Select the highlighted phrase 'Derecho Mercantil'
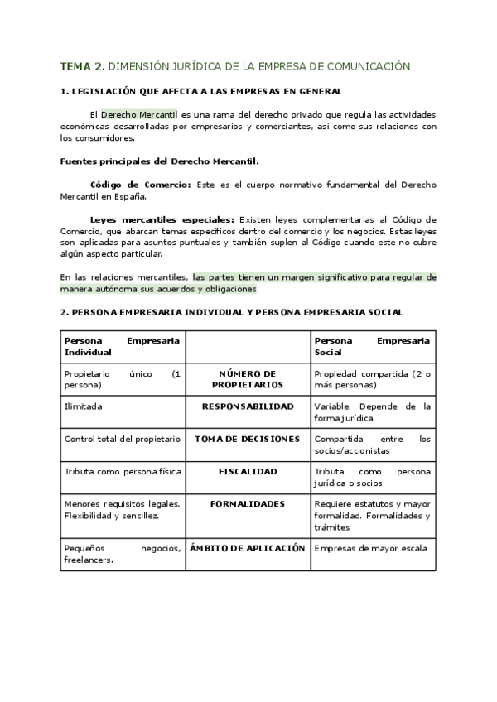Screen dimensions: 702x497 tap(139, 113)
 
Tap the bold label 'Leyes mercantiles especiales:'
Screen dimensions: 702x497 tap(162, 219)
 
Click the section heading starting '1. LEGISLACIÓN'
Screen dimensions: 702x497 tap(201, 91)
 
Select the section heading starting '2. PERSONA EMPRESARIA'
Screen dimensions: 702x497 tap(232, 312)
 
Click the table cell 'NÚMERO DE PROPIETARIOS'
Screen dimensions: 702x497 tap(247, 379)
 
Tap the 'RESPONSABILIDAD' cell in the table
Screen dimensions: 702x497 tap(247, 407)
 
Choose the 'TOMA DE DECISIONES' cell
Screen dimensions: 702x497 tap(247, 439)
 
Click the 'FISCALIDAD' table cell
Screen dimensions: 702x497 tap(247, 471)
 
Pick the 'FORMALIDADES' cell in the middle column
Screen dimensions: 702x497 tap(247, 503)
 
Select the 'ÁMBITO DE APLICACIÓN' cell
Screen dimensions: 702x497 tap(247, 548)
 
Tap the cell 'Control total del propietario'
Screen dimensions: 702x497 tap(121, 439)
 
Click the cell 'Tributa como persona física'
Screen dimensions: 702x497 tap(121, 471)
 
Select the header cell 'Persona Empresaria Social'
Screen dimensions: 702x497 tap(372, 346)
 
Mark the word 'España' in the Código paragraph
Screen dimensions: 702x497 tap(128, 196)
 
